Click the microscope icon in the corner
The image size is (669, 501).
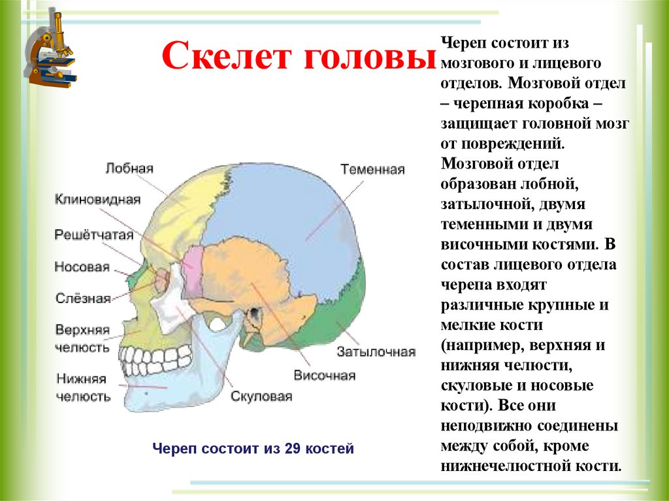51,51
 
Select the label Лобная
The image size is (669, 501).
129,169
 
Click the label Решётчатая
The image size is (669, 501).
94,235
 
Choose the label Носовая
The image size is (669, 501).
81,267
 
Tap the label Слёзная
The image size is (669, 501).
82,299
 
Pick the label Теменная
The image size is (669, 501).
372,170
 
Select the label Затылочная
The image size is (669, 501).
376,352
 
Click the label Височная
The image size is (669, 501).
324,376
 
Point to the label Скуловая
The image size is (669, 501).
261,396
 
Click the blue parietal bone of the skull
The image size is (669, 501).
281,202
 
